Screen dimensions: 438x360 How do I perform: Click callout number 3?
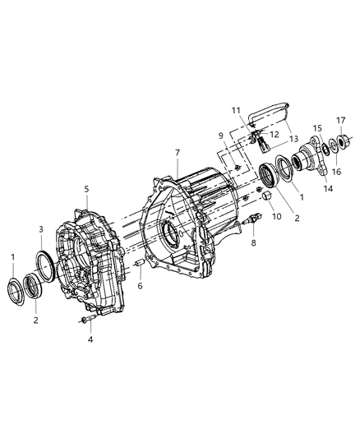pos(42,228)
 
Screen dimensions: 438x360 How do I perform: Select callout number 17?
pos(341,120)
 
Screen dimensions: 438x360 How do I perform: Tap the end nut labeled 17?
pos(343,140)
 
